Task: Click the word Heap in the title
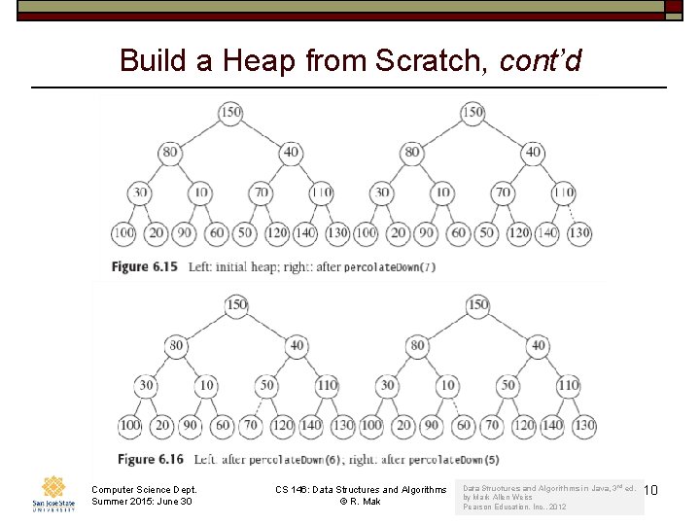260,61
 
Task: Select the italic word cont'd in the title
540,61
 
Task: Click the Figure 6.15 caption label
144,265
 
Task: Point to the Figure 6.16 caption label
148,458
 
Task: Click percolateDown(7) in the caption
388,266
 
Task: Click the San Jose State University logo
52,493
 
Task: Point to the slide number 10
650,490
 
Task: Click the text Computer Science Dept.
144,489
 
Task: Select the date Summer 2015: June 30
142,502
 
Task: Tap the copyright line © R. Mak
360,502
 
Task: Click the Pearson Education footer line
515,507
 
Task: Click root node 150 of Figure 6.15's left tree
230,113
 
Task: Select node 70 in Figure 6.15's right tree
503,192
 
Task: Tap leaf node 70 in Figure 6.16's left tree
251,425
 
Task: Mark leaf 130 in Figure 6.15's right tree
579,233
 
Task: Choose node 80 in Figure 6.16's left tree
176,345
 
